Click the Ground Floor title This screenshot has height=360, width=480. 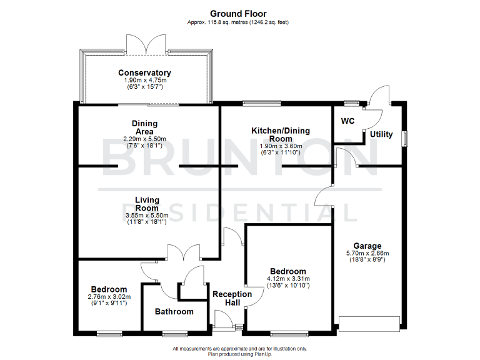[238, 13]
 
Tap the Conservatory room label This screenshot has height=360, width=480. [144, 73]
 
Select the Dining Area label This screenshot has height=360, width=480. [144, 127]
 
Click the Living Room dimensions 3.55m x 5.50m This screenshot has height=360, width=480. [147, 216]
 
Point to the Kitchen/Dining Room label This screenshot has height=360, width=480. [281, 134]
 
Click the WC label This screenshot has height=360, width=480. [347, 121]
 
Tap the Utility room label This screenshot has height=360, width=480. [381, 134]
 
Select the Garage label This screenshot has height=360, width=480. [367, 246]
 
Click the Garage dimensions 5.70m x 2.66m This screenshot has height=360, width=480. [367, 253]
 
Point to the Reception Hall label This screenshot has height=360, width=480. [232, 299]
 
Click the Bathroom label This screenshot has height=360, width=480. [174, 311]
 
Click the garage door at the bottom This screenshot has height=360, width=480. [368, 324]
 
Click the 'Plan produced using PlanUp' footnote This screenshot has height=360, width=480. [239, 354]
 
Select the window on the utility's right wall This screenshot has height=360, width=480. [405, 137]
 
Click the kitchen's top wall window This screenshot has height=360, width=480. [253, 103]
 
